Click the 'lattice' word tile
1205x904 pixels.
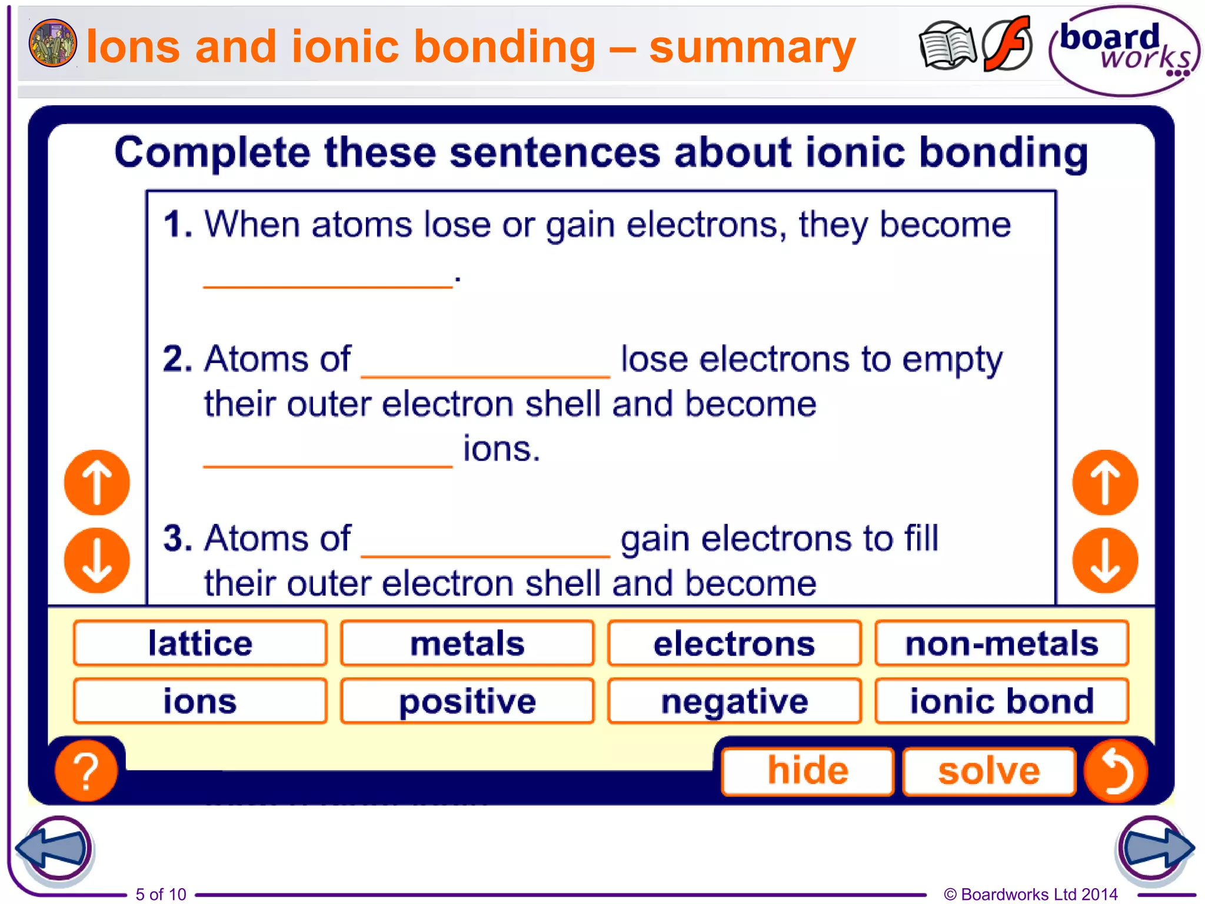(200, 643)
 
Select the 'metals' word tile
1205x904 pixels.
(467, 643)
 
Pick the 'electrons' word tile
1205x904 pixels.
(734, 643)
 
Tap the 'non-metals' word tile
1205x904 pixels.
(1001, 643)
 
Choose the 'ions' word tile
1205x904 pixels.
(200, 700)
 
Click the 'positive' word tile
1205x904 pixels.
(467, 700)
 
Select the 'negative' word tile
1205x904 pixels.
(734, 700)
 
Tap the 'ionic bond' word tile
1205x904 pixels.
(1001, 700)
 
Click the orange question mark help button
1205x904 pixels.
(86, 770)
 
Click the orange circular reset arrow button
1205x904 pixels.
(1116, 770)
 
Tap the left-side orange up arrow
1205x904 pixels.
(97, 483)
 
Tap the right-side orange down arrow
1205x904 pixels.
(1105, 560)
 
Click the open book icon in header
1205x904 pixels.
(946, 46)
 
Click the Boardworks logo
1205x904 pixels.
(1124, 51)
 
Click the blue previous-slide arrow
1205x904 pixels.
(54, 847)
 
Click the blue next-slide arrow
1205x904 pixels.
(1154, 847)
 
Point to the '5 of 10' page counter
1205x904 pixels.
(161, 894)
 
